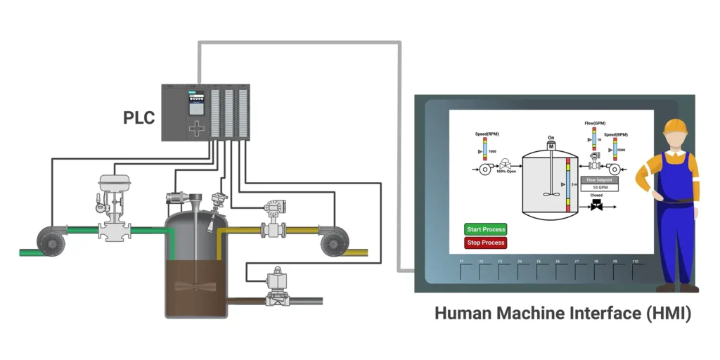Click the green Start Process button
click(485, 229)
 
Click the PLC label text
click(139, 117)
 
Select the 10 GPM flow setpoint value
click(599, 188)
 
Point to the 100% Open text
click(506, 171)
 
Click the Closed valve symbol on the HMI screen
click(596, 206)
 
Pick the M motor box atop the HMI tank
click(551, 145)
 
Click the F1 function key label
click(462, 262)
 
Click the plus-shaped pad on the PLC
click(198, 128)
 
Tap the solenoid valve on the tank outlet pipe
click(279, 287)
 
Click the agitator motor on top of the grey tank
click(179, 199)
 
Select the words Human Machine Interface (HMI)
click(562, 313)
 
